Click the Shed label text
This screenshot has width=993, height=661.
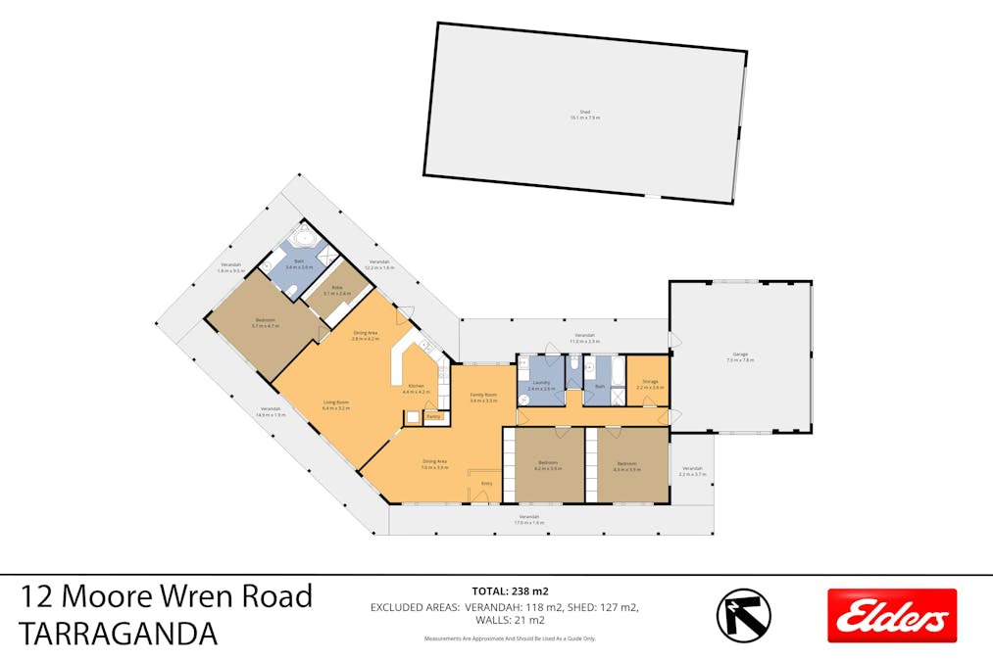click(x=584, y=113)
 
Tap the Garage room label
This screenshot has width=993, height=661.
click(x=740, y=356)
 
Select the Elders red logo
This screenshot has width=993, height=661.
click(x=891, y=616)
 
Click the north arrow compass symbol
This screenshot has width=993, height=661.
click(x=743, y=616)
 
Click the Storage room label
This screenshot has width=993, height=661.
click(x=650, y=382)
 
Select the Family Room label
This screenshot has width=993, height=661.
click(x=483, y=396)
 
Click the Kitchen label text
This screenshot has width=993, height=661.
click(x=417, y=386)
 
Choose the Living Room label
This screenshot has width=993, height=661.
click(x=336, y=402)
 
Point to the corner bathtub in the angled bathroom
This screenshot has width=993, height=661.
click(x=305, y=237)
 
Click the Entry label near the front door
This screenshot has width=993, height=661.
click(x=485, y=483)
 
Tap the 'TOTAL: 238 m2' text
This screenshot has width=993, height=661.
click(x=510, y=590)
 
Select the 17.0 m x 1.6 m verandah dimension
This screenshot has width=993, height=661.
click(x=529, y=522)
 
